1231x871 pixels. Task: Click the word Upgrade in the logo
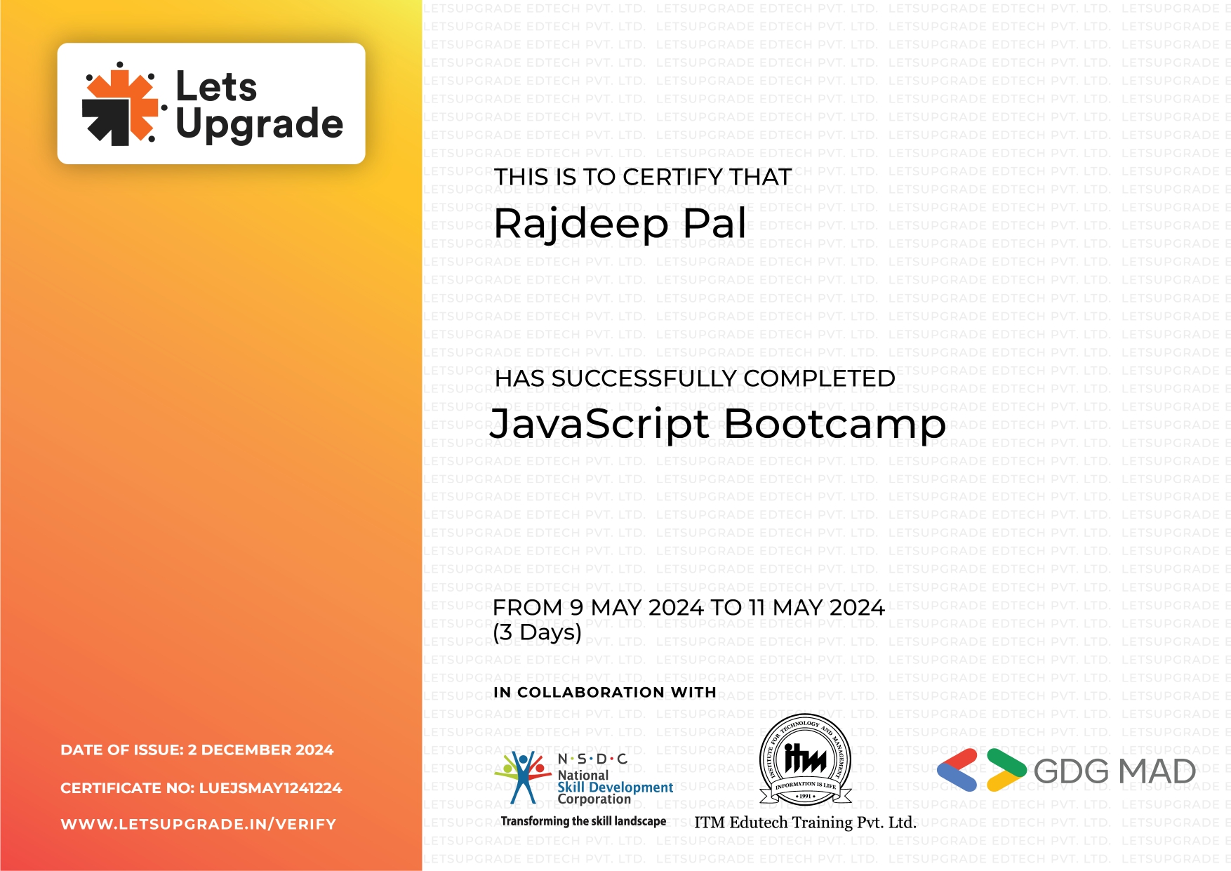[260, 124]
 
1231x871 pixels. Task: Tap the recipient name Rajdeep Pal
[620, 224]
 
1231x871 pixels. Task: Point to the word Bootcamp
[835, 424]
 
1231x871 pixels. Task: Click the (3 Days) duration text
[538, 632]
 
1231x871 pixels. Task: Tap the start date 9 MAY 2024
[637, 607]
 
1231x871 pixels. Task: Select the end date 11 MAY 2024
[816, 607]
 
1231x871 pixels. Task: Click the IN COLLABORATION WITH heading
[605, 692]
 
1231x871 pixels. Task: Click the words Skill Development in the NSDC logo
[615, 787]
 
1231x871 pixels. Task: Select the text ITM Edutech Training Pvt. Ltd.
[806, 823]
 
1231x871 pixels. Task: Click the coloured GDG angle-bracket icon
[982, 770]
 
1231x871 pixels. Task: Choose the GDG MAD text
[1114, 771]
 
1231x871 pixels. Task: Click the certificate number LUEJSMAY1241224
[271, 788]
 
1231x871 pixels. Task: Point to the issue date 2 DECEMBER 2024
[260, 750]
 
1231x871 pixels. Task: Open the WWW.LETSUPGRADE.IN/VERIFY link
[199, 824]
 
